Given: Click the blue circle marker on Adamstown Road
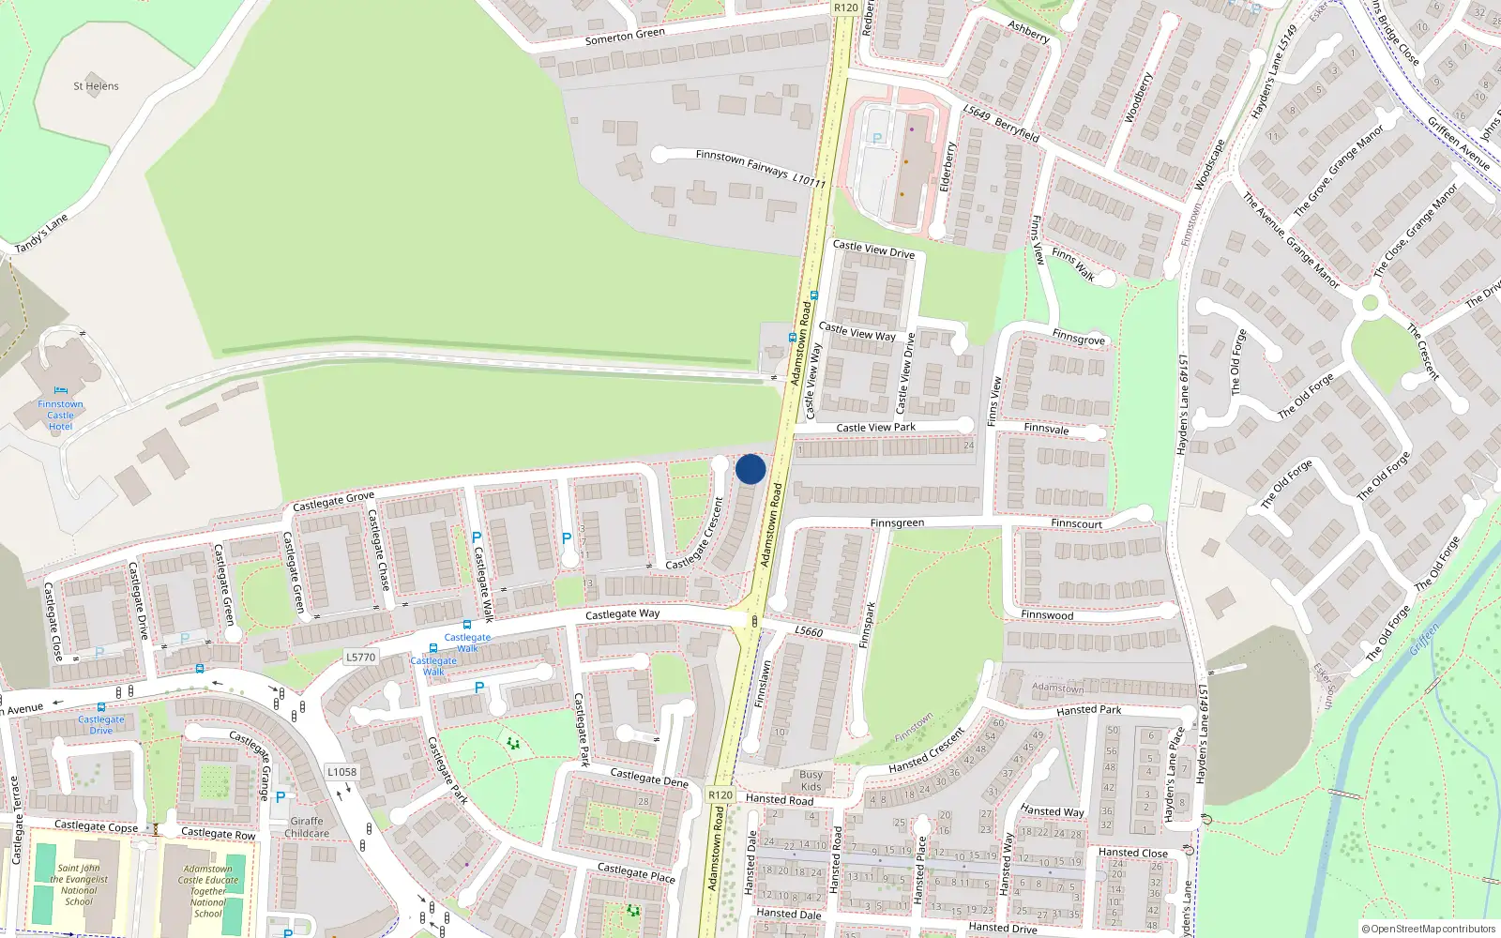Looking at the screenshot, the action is coord(750,469).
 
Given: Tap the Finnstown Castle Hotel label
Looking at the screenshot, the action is coord(60,415).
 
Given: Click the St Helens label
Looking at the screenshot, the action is coord(96,86).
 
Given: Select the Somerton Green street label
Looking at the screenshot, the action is coord(625,37).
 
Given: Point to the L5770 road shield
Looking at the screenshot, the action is coord(360,657).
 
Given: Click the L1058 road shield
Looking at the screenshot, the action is coord(341,772).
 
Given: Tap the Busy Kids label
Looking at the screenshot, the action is coord(811,780).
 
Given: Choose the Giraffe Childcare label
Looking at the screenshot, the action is coord(307,826).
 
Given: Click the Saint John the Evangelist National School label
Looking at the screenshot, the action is coord(78,885).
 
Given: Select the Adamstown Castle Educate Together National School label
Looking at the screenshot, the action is coord(208,891).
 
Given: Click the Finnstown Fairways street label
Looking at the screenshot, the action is coord(742,162).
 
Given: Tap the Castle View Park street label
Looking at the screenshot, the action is coord(875,428).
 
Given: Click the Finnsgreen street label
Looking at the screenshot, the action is coord(897,523).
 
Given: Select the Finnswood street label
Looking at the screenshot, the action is coord(1047,615).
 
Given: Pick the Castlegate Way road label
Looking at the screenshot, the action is coord(622,614).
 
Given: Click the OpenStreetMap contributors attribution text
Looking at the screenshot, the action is coord(1429,930).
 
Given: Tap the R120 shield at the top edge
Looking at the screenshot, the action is coord(845,8).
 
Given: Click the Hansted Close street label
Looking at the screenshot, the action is coord(1133,853).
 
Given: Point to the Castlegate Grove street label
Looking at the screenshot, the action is coord(333,502).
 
